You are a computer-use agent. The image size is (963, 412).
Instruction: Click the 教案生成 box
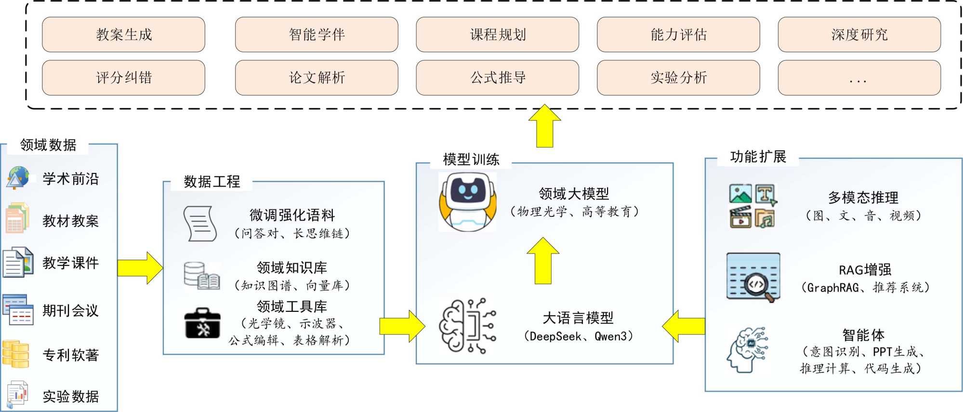(123, 35)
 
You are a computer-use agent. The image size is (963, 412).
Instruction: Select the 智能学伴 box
(317, 35)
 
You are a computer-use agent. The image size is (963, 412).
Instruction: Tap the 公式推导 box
(497, 78)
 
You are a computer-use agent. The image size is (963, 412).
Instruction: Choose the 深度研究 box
(859, 35)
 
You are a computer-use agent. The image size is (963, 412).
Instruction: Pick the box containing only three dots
(859, 78)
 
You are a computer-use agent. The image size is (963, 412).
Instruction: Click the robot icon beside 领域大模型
(467, 202)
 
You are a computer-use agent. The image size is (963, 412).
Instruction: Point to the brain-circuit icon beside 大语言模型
(467, 326)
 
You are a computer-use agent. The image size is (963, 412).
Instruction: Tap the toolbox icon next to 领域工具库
(202, 323)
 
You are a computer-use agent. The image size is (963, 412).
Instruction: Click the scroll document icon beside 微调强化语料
(199, 224)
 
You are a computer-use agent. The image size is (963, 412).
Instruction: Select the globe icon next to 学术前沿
(18, 177)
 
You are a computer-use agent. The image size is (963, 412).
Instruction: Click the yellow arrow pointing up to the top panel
(544, 126)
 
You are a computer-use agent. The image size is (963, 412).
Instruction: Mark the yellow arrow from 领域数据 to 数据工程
(140, 268)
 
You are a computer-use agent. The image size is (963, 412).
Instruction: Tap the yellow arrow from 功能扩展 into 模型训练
(684, 326)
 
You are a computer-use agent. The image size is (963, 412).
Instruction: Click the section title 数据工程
(211, 182)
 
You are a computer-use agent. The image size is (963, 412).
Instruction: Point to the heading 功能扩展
(758, 157)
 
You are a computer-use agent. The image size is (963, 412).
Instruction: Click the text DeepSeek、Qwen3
(578, 336)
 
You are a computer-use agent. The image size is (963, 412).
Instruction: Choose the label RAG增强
(865, 269)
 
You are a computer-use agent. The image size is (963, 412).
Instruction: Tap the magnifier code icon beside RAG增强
(753, 278)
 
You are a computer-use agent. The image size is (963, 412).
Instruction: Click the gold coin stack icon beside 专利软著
(16, 354)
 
